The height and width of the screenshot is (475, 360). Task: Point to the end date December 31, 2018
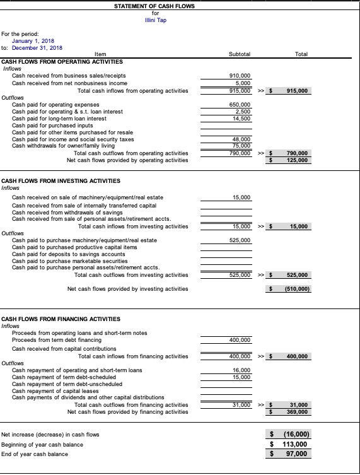point(37,47)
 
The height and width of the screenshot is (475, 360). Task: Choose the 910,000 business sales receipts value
point(241,76)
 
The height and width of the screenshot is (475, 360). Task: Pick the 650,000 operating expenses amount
point(241,104)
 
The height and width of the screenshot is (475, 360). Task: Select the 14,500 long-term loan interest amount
point(242,118)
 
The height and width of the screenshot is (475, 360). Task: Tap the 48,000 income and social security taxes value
point(242,139)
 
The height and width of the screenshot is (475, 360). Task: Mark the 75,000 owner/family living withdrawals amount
point(242,146)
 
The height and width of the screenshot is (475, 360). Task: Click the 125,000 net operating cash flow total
point(297,160)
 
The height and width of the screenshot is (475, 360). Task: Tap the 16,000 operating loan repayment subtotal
point(242,370)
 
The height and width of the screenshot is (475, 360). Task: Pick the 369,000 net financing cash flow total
point(297,411)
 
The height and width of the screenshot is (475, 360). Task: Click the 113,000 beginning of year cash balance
point(296,444)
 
